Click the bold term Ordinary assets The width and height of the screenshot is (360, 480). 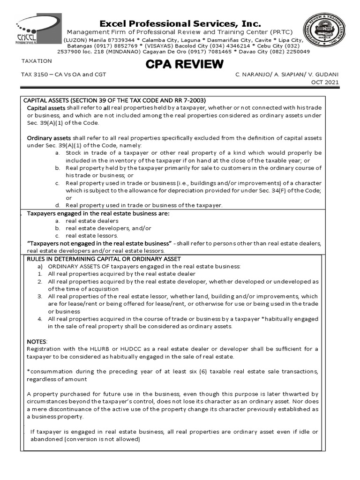click(x=49, y=138)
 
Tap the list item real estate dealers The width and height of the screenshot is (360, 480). click(x=92, y=221)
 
